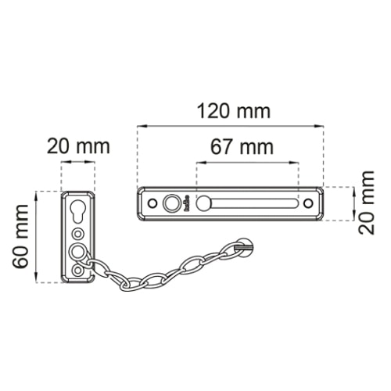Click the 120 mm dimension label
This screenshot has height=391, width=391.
pos(234,111)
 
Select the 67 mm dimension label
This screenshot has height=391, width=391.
pos(242,147)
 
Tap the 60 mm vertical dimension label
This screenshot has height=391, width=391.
pos(20,237)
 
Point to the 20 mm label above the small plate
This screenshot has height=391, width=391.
pos(78,146)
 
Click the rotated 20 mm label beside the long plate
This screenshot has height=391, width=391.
pos(366,203)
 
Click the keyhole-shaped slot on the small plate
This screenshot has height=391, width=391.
pos(78,211)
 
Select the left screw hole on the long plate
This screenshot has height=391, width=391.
pos(152,203)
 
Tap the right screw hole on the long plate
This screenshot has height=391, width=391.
pos(308,203)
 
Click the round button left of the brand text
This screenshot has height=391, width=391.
pos(171,203)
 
